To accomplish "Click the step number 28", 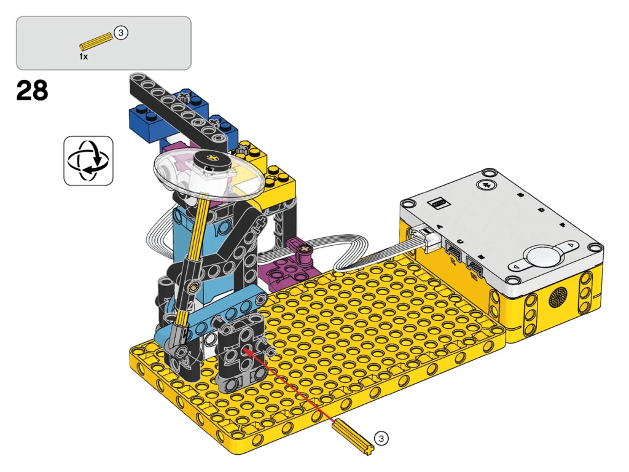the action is pos(32,90).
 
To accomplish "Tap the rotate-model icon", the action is pos(88,160).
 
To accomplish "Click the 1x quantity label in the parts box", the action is pos(84,57).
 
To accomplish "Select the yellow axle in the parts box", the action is pos(96,42).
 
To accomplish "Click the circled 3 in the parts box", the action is pos(121,33).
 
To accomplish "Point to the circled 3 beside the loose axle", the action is pos(381,438).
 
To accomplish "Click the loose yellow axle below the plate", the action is pos(353,437).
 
